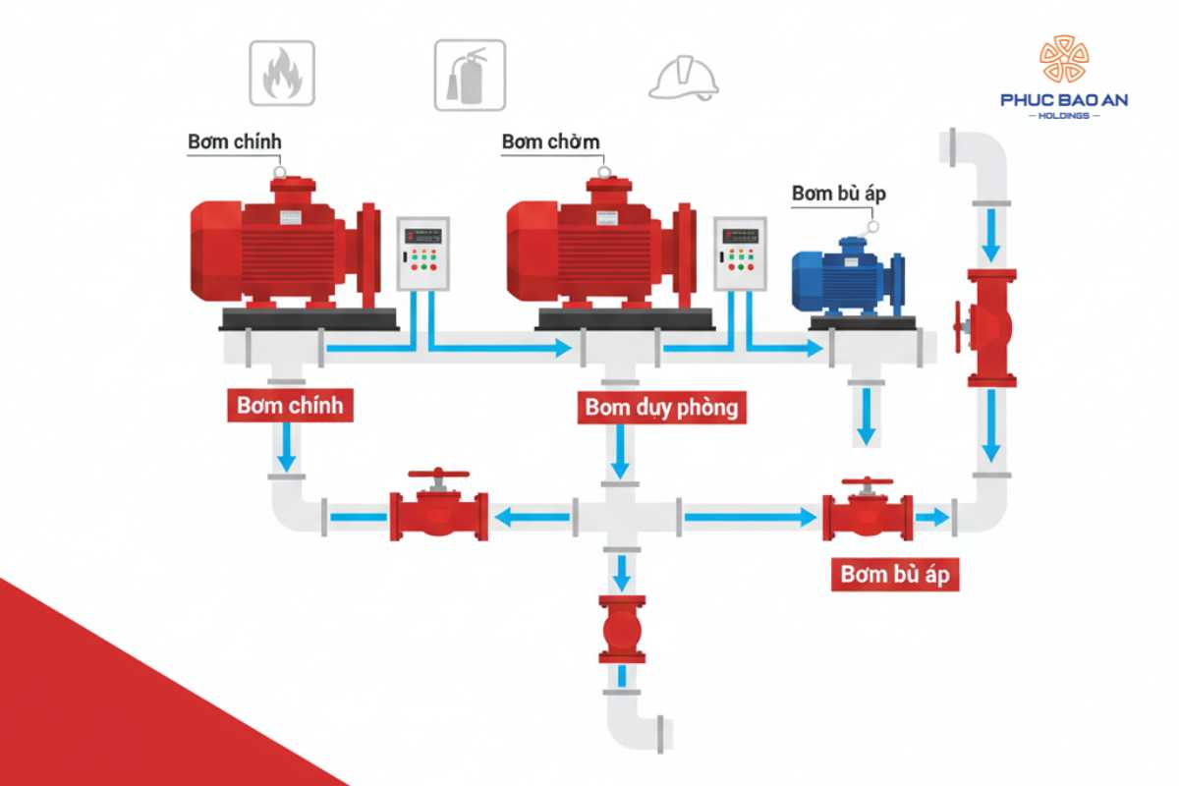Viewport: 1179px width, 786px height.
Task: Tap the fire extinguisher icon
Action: (x=470, y=73)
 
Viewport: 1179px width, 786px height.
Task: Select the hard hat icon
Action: (x=683, y=77)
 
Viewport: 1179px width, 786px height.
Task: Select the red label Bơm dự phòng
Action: (x=661, y=406)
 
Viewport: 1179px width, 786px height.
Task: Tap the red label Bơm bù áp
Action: (x=895, y=574)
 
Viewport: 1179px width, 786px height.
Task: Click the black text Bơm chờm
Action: (x=550, y=141)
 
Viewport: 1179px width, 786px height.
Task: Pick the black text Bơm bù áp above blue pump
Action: (x=839, y=194)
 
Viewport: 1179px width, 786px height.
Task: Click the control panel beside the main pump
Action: (x=422, y=253)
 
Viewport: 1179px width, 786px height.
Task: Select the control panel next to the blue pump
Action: (x=738, y=253)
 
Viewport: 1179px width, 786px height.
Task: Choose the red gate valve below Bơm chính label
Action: (x=438, y=511)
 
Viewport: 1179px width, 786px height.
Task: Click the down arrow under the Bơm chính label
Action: (x=287, y=447)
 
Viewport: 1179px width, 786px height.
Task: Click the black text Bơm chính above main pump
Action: (x=234, y=141)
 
